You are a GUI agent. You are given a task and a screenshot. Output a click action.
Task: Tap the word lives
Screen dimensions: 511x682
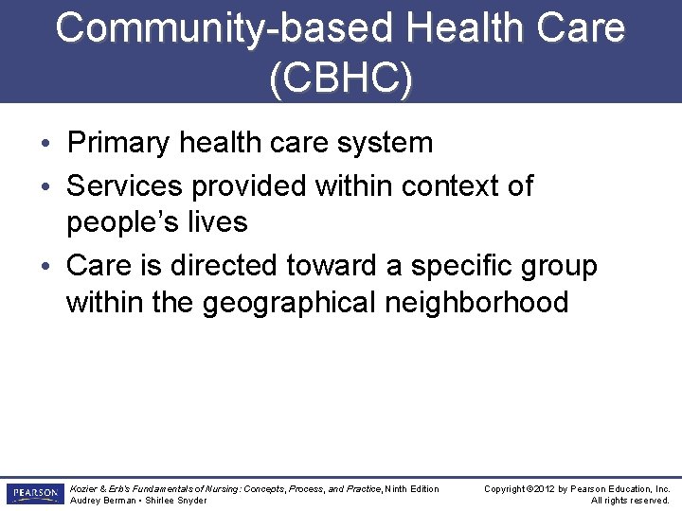220,223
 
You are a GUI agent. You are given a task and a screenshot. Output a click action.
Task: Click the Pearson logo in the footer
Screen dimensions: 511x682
34,493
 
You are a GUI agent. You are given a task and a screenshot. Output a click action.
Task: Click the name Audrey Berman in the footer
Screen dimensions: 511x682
101,500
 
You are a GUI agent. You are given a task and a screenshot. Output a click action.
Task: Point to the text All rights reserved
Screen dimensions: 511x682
630,500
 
